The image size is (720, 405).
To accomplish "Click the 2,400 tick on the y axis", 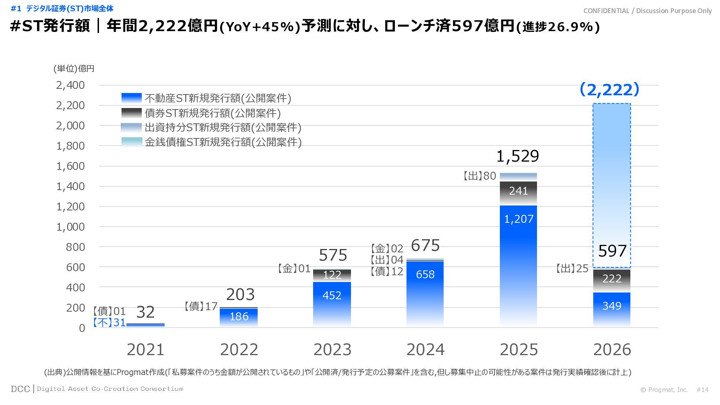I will point(70,85).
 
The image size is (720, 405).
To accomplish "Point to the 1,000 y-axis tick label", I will point(70,227).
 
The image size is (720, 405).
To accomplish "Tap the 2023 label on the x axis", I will point(332,350).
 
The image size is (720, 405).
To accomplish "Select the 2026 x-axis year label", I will point(612,350).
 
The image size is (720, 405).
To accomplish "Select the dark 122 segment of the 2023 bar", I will point(332,275).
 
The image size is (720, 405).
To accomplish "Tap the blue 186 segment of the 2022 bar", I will point(239,317).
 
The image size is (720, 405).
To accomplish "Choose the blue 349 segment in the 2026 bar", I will point(612,308).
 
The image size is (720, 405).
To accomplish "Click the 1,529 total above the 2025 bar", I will point(517,156).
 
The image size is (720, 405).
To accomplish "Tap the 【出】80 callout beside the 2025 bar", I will point(479,176).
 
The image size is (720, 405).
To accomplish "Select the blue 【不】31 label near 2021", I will point(109,322).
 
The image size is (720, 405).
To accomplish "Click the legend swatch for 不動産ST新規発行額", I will point(132,98).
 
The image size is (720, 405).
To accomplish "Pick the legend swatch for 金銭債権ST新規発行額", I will point(132,142).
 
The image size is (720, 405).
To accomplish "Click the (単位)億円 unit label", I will point(74,69).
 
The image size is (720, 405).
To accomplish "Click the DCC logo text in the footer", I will point(20,389).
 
